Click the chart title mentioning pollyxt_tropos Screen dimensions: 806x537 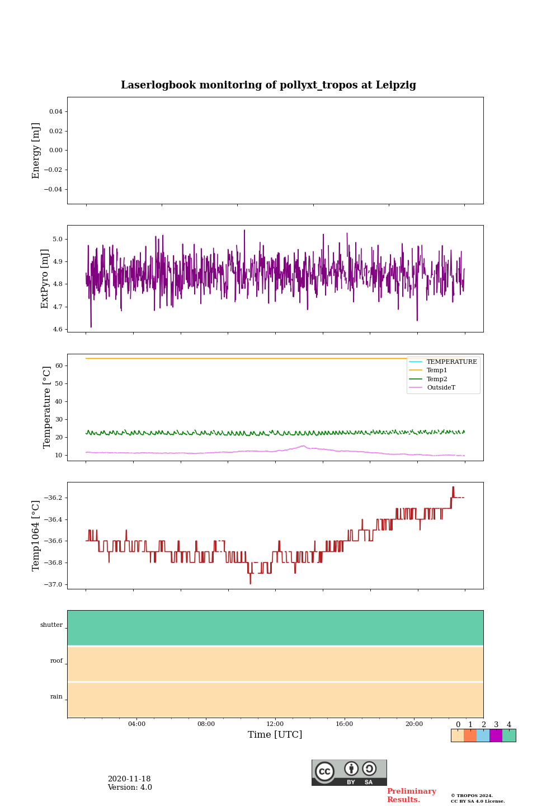tap(268, 85)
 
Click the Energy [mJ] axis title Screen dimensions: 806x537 tap(36, 151)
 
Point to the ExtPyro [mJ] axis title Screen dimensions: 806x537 tap(45, 279)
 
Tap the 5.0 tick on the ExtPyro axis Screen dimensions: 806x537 tap(58, 239)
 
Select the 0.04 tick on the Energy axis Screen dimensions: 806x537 tap(55, 112)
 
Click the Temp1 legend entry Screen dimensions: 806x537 tap(437, 371)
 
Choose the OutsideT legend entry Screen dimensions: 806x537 tap(441, 388)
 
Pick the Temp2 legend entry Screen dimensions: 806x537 tap(437, 379)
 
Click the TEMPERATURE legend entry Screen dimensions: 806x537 tap(451, 362)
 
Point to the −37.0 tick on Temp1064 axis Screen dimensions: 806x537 tap(53, 584)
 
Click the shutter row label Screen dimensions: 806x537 tap(51, 625)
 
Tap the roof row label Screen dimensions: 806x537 tap(56, 661)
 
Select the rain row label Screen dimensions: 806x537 tap(56, 697)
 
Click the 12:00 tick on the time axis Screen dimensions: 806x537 tap(275, 724)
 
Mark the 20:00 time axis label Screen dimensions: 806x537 tap(414, 724)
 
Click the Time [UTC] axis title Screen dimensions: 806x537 tap(275, 735)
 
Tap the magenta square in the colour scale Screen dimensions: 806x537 tap(496, 735)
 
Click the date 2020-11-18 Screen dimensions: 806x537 tap(129, 779)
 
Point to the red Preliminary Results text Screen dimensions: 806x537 tap(411, 795)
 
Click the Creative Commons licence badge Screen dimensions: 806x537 tap(349, 772)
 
